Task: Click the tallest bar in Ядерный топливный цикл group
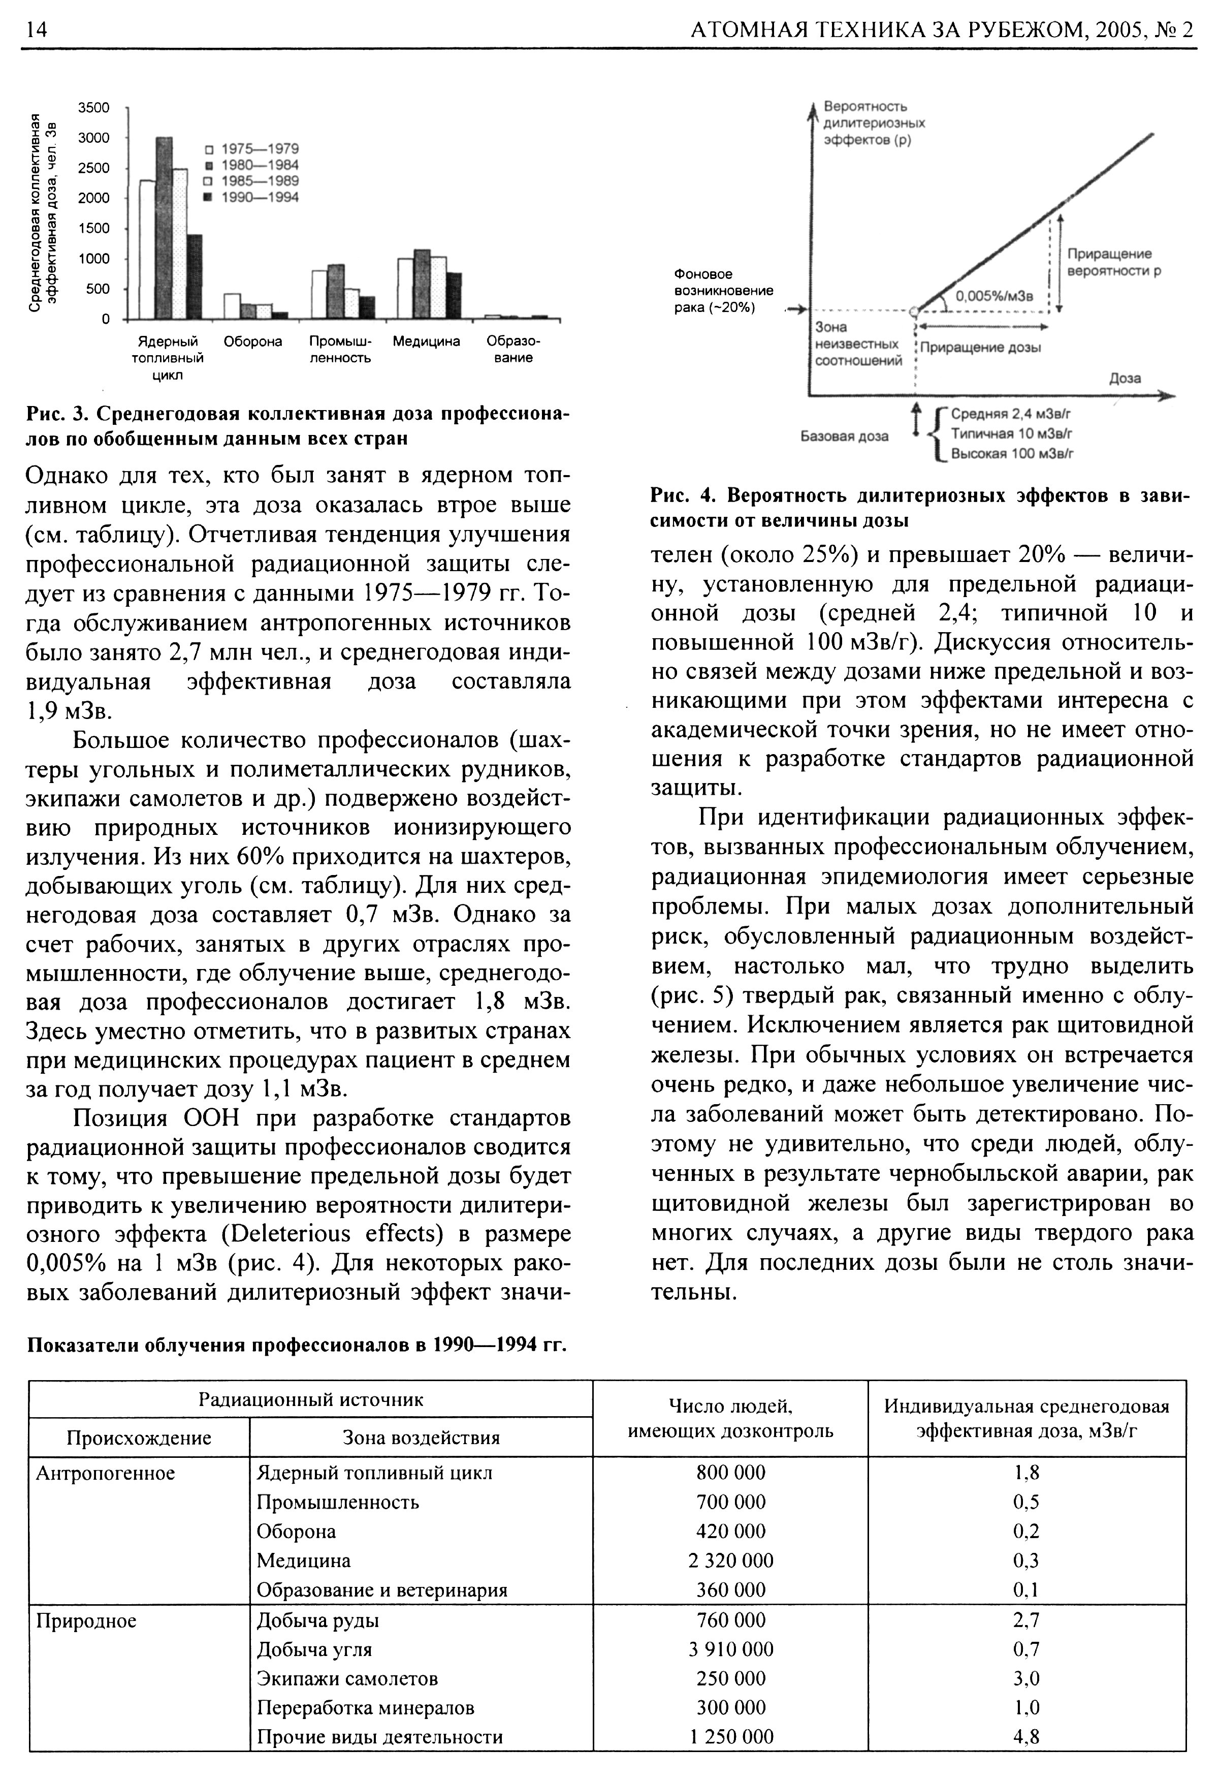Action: click(164, 227)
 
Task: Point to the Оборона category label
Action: click(252, 341)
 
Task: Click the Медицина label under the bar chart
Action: click(426, 341)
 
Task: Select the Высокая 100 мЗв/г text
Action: click(1012, 454)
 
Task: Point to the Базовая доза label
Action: click(844, 436)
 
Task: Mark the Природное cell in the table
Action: click(86, 1620)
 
